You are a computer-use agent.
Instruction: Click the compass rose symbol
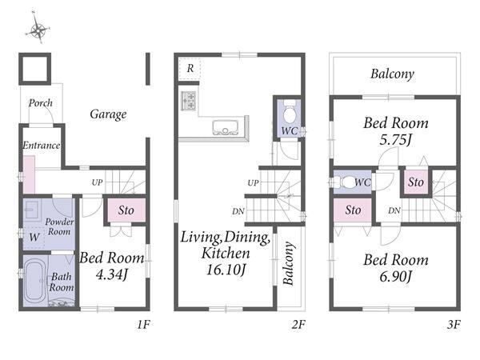pyautogui.click(x=38, y=30)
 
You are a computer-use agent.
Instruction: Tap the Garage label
pyautogui.click(x=108, y=114)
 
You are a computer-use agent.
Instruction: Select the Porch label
pyautogui.click(x=41, y=103)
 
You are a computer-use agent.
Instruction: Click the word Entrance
pyautogui.click(x=42, y=145)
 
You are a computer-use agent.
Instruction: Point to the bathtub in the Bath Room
pyautogui.click(x=35, y=281)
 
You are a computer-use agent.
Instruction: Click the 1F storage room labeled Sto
pyautogui.click(x=126, y=210)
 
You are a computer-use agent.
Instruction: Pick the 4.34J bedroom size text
pyautogui.click(x=111, y=274)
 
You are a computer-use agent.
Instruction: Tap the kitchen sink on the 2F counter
pyautogui.click(x=226, y=127)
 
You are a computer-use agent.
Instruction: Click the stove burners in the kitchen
pyautogui.click(x=189, y=101)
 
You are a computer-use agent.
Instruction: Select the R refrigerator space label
pyautogui.click(x=190, y=68)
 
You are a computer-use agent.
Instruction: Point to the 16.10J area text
pyautogui.click(x=226, y=270)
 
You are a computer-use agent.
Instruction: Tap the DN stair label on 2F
pyautogui.click(x=238, y=211)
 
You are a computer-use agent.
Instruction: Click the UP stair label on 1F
pyautogui.click(x=97, y=182)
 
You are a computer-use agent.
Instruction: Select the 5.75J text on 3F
pyautogui.click(x=395, y=140)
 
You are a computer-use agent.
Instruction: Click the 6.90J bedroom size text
pyautogui.click(x=395, y=277)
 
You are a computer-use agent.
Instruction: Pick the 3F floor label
pyautogui.click(x=454, y=324)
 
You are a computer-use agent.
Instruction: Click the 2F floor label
pyautogui.click(x=298, y=324)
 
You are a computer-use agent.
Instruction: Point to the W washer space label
pyautogui.click(x=34, y=237)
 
